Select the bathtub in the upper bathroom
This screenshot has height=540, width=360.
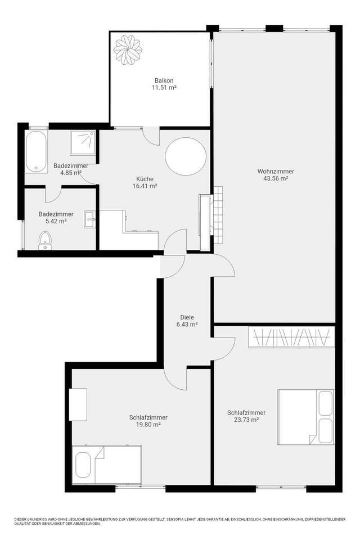pyautogui.click(x=37, y=151)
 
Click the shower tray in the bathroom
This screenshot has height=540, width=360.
pyautogui.click(x=82, y=143)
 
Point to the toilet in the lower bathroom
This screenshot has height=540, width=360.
pyautogui.click(x=45, y=241)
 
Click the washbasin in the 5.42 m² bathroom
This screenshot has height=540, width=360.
pyautogui.click(x=90, y=219)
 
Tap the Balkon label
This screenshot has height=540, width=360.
pyautogui.click(x=164, y=80)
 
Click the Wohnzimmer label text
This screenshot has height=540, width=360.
pyautogui.click(x=276, y=171)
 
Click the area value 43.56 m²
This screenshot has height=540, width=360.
pyautogui.click(x=276, y=179)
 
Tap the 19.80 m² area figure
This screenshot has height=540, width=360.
pyautogui.click(x=148, y=425)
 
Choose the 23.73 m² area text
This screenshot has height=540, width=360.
pyautogui.click(x=246, y=420)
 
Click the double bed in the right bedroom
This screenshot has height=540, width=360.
pyautogui.click(x=305, y=417)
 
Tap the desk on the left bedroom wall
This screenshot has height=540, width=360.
pyautogui.click(x=78, y=404)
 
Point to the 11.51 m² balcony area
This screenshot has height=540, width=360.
pyautogui.click(x=164, y=88)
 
